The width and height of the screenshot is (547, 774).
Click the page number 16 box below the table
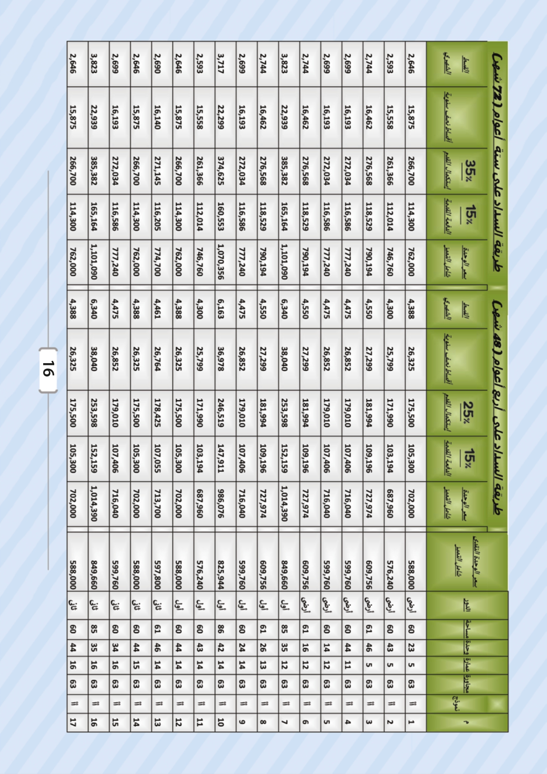[48, 370]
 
